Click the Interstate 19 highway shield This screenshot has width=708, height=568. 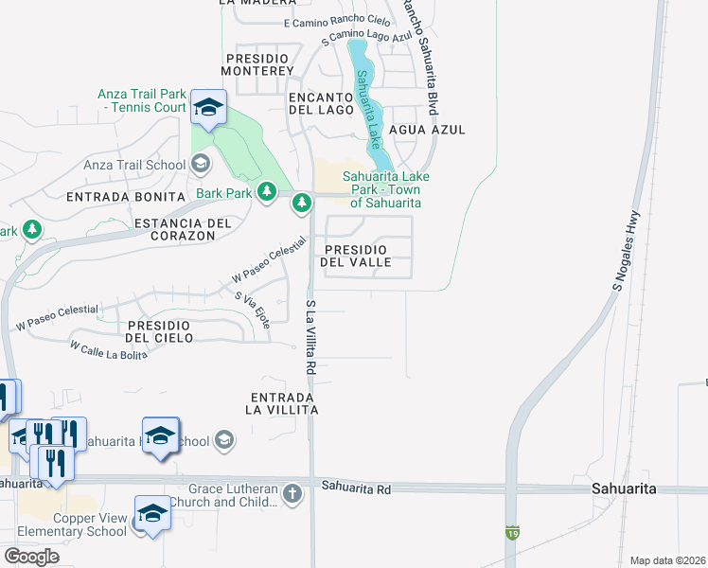pos(512,532)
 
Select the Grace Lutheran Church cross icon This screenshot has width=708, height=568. pos(292,493)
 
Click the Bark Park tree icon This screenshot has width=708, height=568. pos(267,193)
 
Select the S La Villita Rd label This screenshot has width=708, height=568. pos(310,336)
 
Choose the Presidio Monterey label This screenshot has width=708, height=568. pos(259,64)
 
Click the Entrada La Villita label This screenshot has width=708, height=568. pos(281,403)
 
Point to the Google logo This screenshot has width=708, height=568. pos(31,557)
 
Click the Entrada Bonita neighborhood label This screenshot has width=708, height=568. pos(124,197)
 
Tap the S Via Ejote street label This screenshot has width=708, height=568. pos(253,310)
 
